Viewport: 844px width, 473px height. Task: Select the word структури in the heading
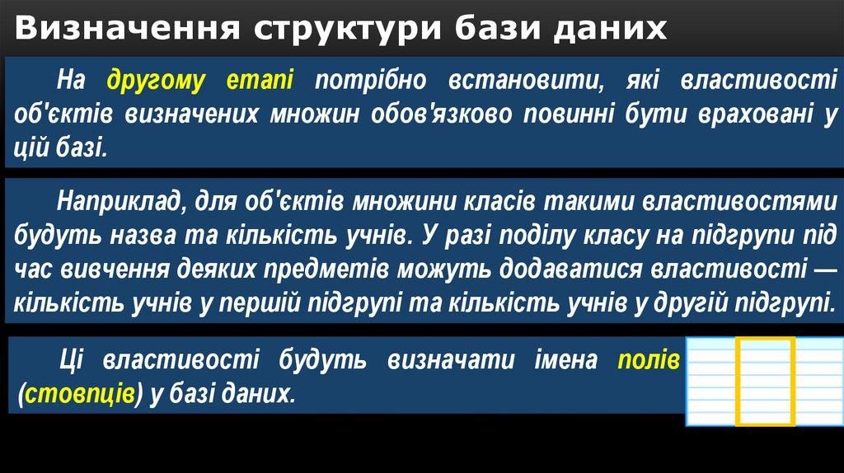click(348, 30)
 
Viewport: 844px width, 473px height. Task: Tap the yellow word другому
click(156, 81)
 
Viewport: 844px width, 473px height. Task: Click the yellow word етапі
click(260, 80)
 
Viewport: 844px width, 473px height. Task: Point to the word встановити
click(526, 80)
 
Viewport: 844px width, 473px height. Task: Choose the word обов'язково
click(442, 114)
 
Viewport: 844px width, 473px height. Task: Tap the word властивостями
click(740, 201)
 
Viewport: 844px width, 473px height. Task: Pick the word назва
click(143, 236)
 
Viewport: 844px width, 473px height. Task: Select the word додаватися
click(570, 269)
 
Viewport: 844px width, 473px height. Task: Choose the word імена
click(566, 360)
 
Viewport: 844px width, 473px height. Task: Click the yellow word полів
click(649, 360)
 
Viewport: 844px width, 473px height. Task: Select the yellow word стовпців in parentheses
click(80, 394)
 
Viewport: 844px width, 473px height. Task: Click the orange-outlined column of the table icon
click(766, 382)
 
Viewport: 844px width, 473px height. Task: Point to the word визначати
click(451, 360)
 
